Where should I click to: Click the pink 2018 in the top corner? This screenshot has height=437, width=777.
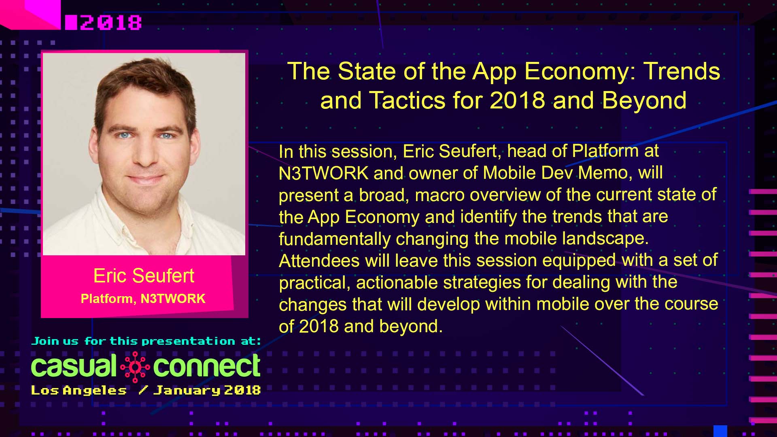(110, 23)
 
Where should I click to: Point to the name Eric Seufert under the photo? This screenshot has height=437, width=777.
(144, 276)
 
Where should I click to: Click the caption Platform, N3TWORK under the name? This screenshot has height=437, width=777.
(143, 299)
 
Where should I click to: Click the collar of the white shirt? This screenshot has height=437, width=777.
(121, 210)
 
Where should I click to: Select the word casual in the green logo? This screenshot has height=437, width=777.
(74, 366)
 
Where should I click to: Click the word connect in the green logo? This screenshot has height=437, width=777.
(206, 366)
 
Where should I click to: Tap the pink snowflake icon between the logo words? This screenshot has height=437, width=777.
(135, 367)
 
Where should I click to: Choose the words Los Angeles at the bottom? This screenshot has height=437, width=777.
(79, 390)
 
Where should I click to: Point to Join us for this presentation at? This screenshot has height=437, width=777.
(146, 342)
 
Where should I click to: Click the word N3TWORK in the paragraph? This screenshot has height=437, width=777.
(323, 174)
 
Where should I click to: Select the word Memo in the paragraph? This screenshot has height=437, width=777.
(603, 173)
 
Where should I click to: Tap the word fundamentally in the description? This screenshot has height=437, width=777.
(334, 239)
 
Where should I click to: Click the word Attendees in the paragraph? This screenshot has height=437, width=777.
(319, 261)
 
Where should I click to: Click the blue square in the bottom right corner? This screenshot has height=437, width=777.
(720, 431)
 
